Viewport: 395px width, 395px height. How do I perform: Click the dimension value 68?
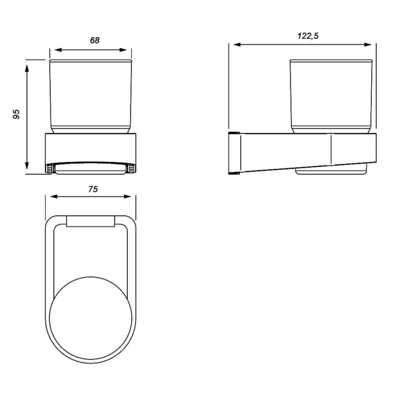(x=94, y=40)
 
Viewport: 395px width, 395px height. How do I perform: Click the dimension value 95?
(x=16, y=115)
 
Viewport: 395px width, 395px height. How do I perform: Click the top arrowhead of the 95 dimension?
(x=27, y=66)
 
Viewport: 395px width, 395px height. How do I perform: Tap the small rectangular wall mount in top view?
(x=90, y=222)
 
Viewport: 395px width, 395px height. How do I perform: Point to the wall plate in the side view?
(x=234, y=154)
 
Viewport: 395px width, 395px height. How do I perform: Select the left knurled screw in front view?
(x=50, y=169)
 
